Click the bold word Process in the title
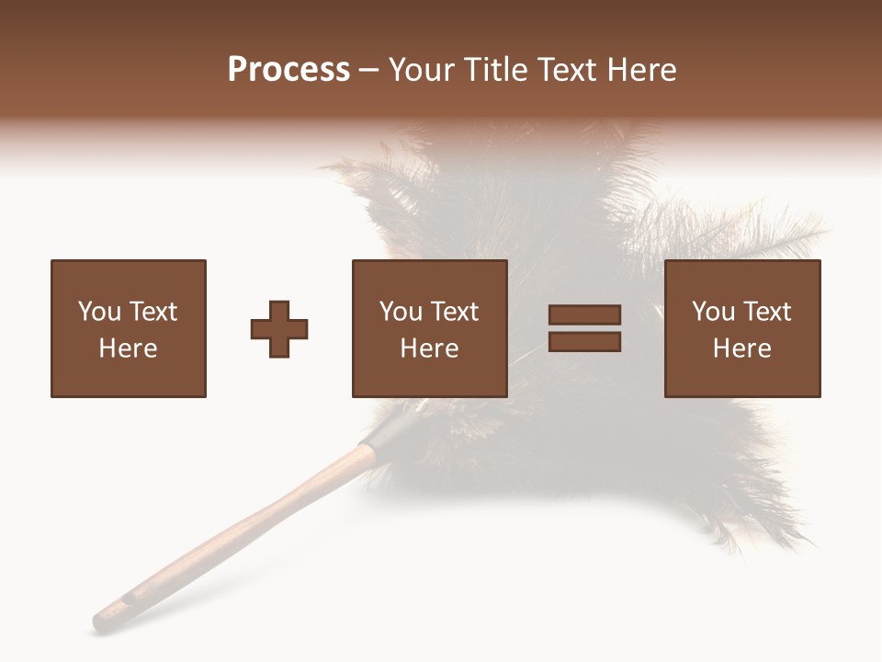(x=288, y=70)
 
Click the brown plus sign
(x=279, y=329)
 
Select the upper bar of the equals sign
(x=584, y=315)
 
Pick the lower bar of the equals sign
(x=584, y=342)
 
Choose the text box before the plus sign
(x=129, y=328)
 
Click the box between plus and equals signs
(x=429, y=328)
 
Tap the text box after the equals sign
(x=742, y=328)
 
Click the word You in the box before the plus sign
(x=99, y=312)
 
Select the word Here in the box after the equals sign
(x=742, y=348)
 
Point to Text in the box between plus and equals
(x=455, y=312)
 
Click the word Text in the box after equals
(x=767, y=312)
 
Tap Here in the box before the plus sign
(x=129, y=348)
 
